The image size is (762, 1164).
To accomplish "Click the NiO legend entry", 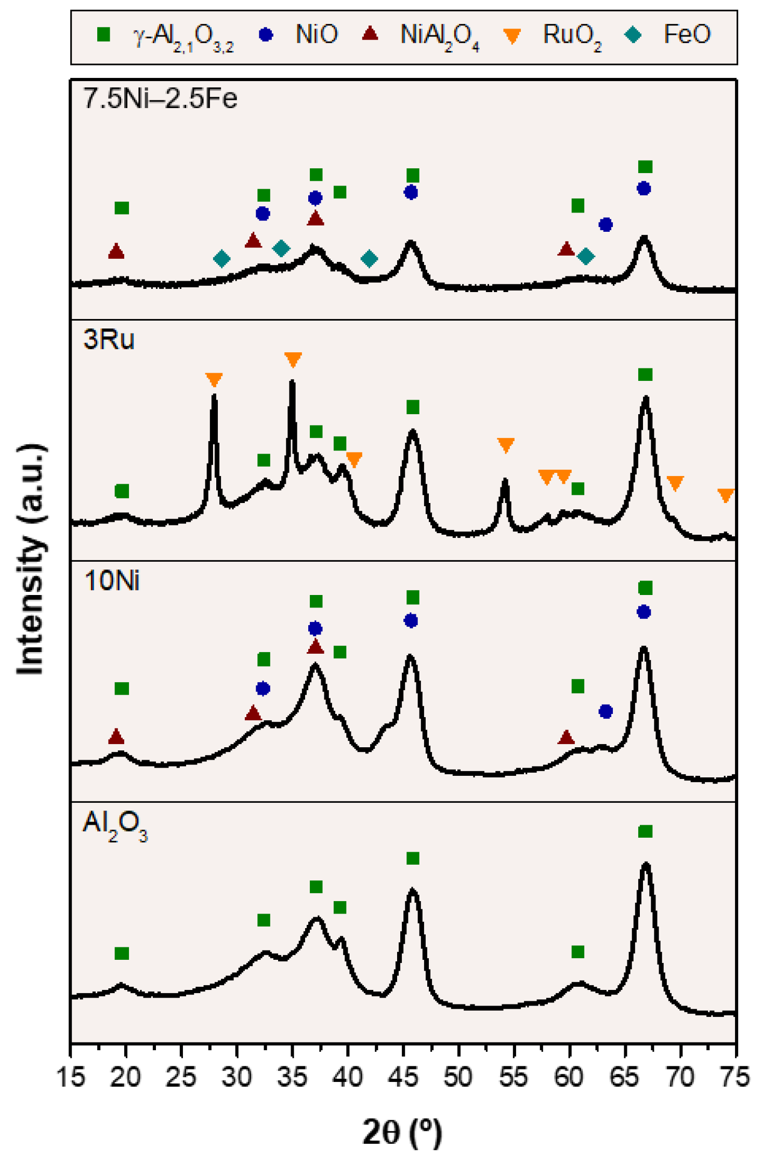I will tap(316, 34).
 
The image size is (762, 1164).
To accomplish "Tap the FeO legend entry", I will tap(686, 34).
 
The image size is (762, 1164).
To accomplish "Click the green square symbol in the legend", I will tap(103, 35).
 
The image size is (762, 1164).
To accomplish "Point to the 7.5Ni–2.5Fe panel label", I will tap(160, 98).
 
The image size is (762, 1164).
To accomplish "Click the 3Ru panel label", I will tap(109, 339).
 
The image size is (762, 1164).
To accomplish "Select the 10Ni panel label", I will tap(112, 580).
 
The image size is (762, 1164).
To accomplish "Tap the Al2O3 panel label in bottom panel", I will tap(115, 825).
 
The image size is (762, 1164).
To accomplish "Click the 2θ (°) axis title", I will tap(402, 1132).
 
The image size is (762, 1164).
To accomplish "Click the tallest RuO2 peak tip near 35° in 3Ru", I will tap(292, 382).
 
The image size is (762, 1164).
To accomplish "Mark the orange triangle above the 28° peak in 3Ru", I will tap(214, 379).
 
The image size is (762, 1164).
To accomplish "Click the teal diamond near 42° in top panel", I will tap(369, 258).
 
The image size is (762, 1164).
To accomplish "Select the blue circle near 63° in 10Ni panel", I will tap(606, 711).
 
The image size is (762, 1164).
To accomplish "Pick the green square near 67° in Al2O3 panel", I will tap(645, 831).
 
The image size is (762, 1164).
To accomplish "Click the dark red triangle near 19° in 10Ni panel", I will tap(116, 736).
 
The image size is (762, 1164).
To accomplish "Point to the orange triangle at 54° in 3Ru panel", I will tap(506, 444).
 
